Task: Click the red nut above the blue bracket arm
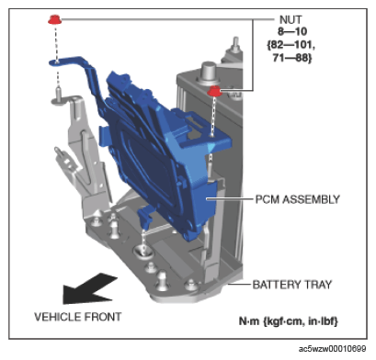pos(55,19)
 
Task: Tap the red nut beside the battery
pos(214,91)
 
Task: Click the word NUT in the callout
pos(291,19)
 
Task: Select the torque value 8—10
pos(292,31)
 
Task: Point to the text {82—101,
pos(291,45)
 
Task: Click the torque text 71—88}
pos(292,58)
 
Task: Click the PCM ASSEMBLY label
pos(298,199)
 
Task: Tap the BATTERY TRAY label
pos(292,285)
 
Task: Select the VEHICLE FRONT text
pos(78,317)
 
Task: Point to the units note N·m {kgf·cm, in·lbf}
pos(289,321)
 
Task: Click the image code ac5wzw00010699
pos(332,349)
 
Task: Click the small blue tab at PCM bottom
pos(144,217)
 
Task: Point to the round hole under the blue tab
pos(143,251)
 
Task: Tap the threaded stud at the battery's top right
pos(235,44)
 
